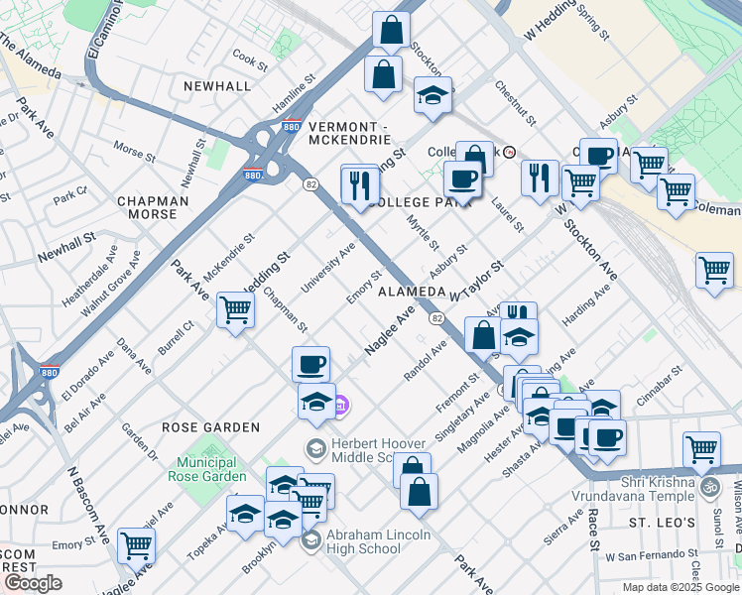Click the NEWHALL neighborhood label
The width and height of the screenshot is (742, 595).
click(x=217, y=86)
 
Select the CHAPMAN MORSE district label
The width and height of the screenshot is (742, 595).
click(x=153, y=207)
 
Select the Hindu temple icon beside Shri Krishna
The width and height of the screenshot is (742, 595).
click(x=709, y=487)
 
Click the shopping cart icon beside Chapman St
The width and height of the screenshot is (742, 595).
click(x=235, y=310)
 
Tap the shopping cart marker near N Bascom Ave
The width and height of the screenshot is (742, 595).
click(x=137, y=544)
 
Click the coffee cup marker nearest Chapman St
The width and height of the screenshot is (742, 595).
click(x=311, y=364)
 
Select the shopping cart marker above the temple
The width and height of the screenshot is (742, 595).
click(x=701, y=449)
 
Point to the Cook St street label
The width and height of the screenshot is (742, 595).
click(x=249, y=62)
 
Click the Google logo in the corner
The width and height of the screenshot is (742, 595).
click(x=33, y=583)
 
